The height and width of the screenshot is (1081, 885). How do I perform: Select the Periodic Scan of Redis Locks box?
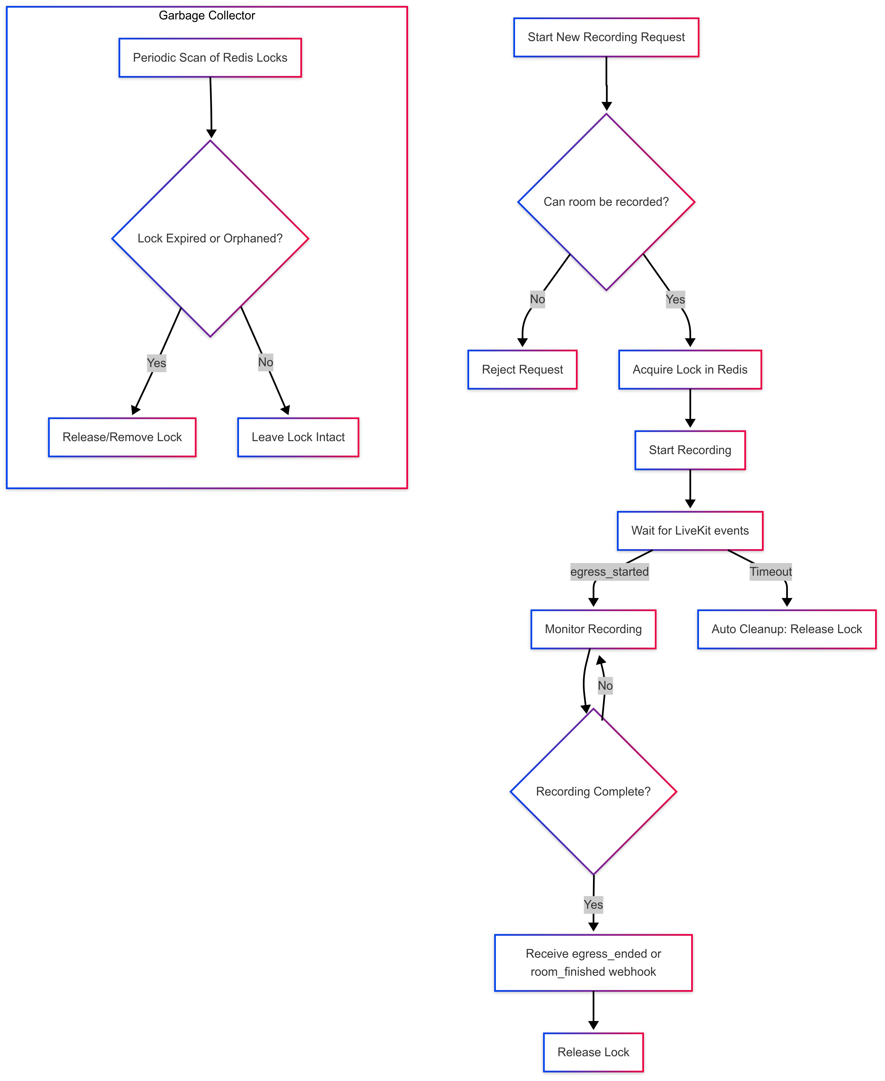[210, 58]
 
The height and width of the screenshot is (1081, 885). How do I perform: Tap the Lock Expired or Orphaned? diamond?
[210, 238]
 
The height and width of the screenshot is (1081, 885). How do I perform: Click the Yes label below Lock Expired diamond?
[157, 363]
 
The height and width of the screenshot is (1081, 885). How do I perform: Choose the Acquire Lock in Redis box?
[690, 370]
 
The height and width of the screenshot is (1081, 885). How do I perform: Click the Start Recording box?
[690, 450]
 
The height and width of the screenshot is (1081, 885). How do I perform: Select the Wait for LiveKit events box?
[690, 531]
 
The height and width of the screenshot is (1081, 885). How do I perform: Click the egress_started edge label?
[609, 572]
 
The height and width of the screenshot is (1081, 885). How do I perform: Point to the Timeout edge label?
[770, 572]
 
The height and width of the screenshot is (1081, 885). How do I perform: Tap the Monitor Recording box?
[593, 629]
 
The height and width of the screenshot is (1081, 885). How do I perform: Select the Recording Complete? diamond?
[593, 792]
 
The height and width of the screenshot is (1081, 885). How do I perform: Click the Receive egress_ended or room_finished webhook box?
[593, 963]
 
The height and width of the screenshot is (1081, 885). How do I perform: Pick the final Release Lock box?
[593, 1052]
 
